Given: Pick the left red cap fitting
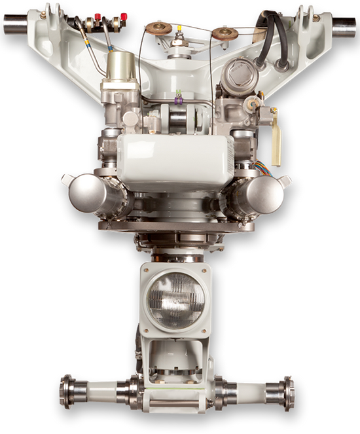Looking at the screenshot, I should coord(99,16).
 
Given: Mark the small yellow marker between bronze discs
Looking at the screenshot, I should coord(179,28).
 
